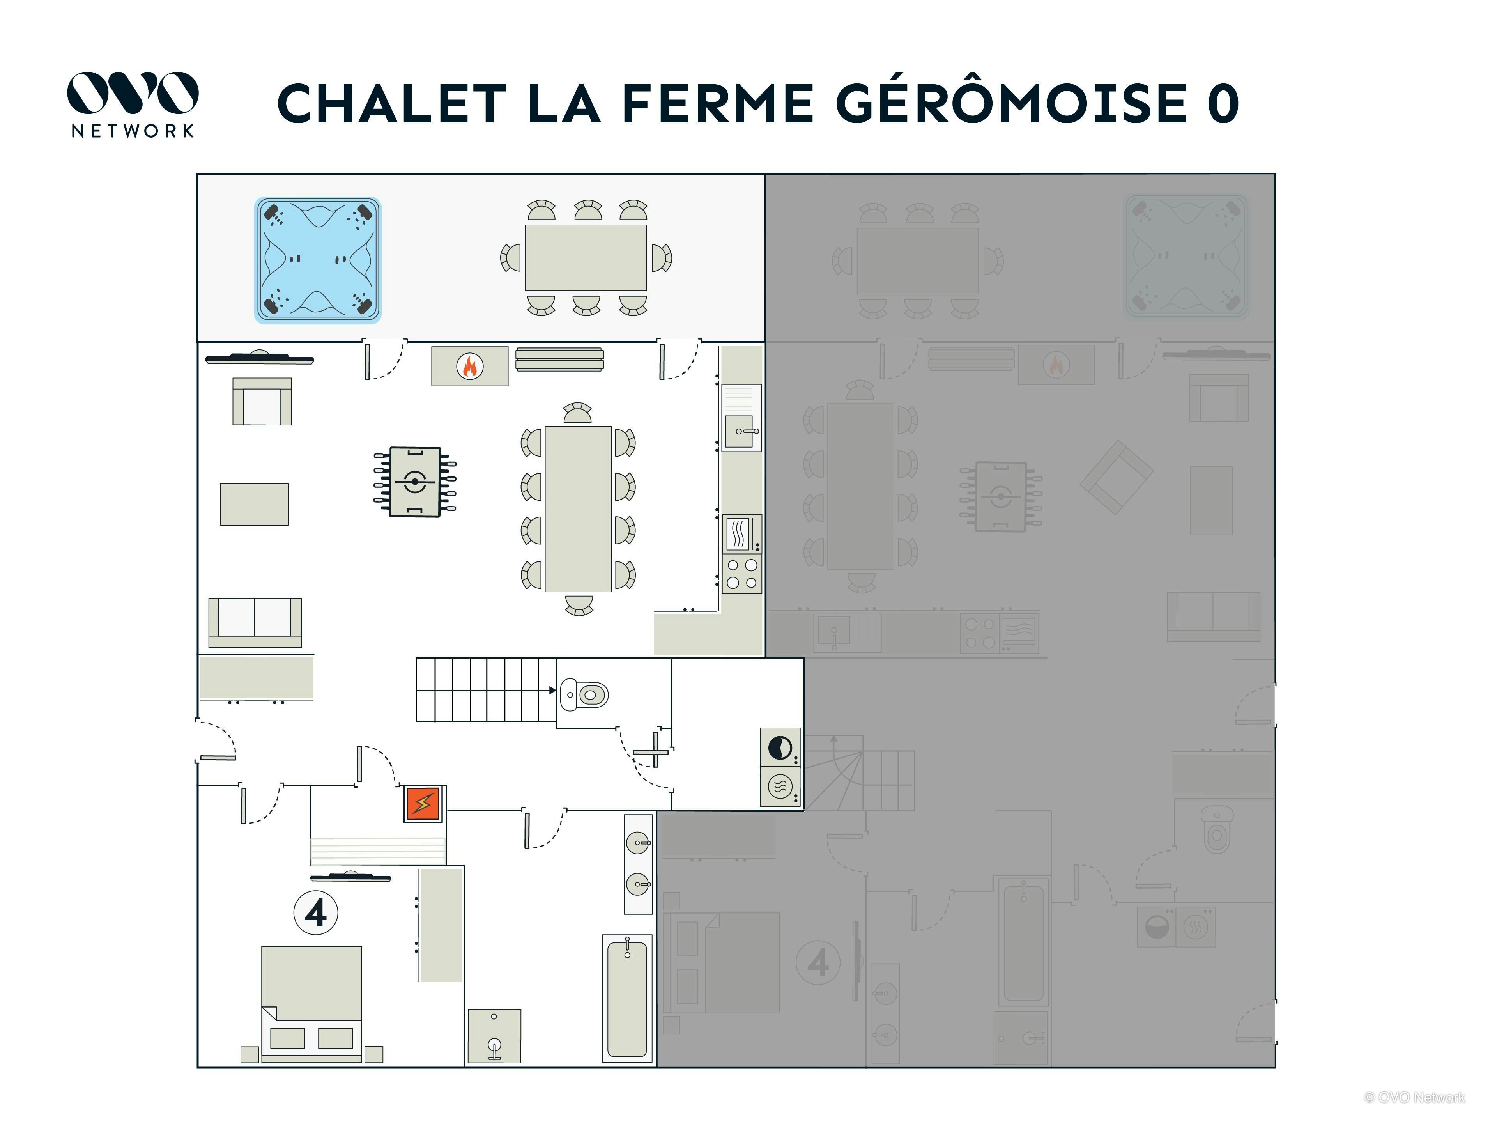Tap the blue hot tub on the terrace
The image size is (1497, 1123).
coord(317,260)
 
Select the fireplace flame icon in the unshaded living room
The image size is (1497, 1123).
coord(469,366)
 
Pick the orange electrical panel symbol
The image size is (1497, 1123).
coord(423,804)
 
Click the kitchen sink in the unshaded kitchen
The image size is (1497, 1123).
coord(740,431)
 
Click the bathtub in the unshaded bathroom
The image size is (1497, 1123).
coord(627,999)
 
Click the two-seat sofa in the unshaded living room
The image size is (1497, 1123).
coord(255,622)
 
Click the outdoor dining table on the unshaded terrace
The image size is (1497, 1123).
coord(586,258)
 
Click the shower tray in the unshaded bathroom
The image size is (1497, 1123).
coord(494,1036)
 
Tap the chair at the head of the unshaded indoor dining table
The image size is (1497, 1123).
coord(577,413)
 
